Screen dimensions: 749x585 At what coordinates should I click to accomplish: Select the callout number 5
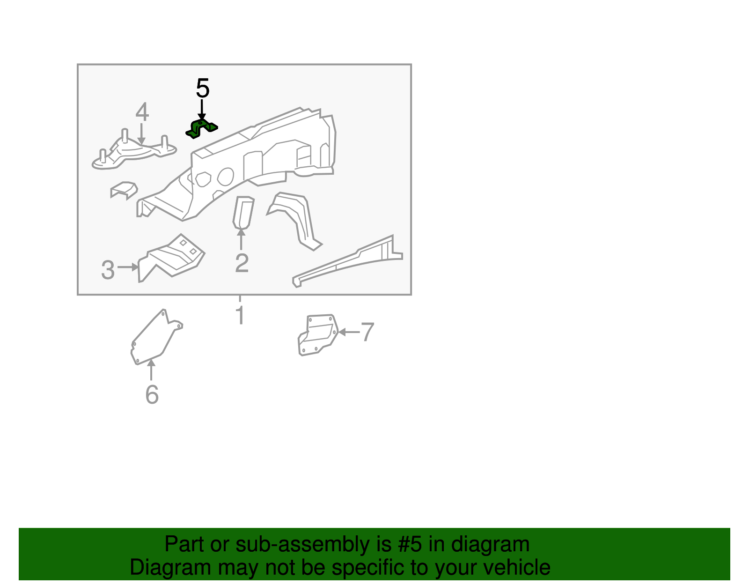coord(203,88)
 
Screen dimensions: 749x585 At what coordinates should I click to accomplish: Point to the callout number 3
coord(108,270)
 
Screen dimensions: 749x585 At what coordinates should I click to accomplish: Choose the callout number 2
coord(242,263)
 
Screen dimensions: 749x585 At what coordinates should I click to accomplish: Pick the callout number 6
coord(152,394)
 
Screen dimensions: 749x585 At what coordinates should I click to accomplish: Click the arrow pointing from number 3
coord(128,267)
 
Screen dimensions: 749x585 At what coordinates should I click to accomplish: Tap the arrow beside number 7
coord(349,332)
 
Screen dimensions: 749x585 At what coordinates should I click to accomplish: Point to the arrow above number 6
coord(151,369)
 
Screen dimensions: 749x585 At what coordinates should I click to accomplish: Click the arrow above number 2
coord(241,239)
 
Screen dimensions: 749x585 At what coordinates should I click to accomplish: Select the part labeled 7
coord(318,335)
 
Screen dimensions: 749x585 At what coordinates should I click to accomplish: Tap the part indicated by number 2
coord(243,213)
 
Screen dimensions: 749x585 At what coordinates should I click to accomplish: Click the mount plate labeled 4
coord(134,152)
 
